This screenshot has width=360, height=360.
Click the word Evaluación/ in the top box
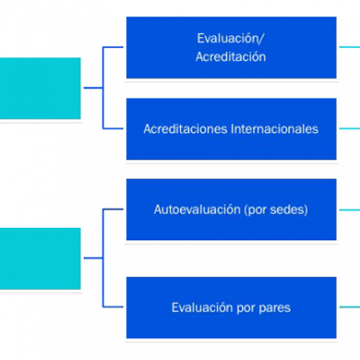(230, 39)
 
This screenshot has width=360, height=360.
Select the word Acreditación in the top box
(230, 57)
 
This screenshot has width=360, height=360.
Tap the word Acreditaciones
(185, 129)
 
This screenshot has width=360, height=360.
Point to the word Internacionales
(274, 129)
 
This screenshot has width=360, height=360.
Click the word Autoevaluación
(197, 210)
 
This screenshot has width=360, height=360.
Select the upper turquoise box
(40, 88)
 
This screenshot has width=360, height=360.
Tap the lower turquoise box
(40, 258)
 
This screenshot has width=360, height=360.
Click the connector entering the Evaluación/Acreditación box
(112, 47)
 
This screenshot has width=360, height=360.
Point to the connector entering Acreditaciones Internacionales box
(112, 129)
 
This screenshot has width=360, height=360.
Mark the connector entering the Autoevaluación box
(112, 210)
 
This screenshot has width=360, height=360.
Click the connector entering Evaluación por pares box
(112, 307)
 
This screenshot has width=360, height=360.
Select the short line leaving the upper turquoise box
(94, 88)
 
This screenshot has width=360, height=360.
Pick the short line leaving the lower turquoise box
(94, 258)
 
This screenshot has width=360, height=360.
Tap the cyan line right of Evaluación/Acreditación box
(349, 47)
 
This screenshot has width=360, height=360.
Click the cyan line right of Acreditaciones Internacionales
(349, 129)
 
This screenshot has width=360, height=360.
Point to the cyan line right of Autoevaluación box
(349, 210)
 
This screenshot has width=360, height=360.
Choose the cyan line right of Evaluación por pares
(349, 307)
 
